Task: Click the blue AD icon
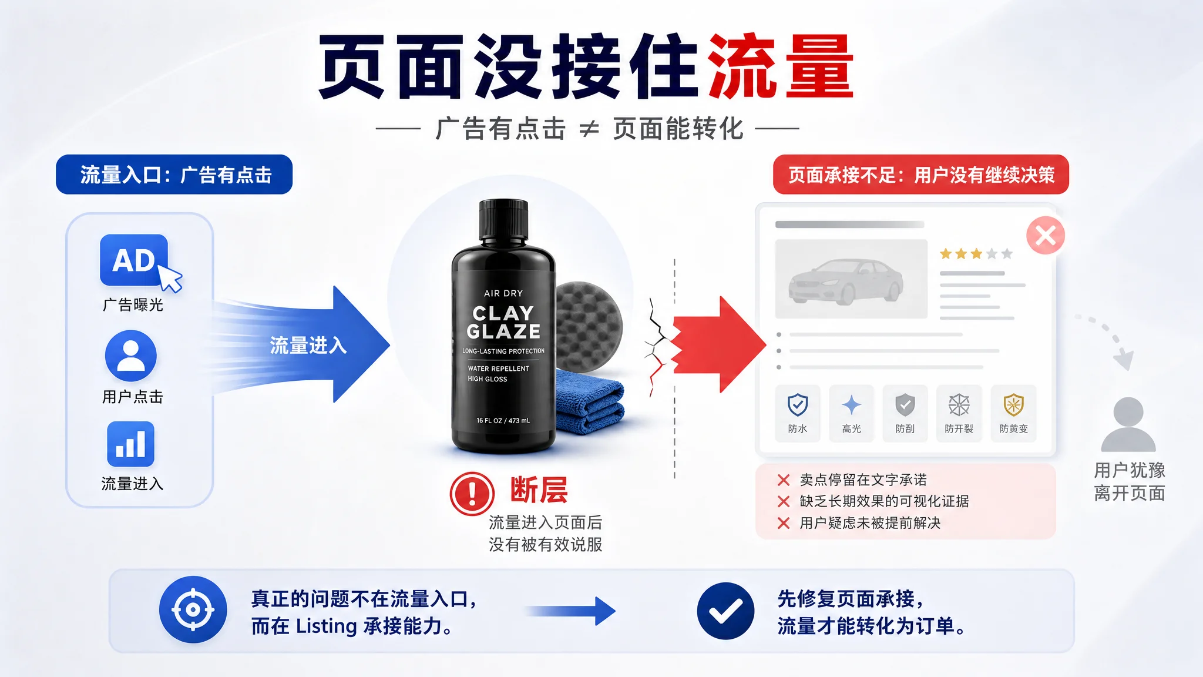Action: coord(134,260)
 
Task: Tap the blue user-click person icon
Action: coord(131,356)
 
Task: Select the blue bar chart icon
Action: coord(131,444)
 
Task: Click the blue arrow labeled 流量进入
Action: coord(300,344)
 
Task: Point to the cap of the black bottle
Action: coord(503,220)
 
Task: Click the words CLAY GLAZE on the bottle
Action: coord(503,322)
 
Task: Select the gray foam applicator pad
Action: coord(588,326)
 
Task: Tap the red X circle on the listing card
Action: coord(1046,236)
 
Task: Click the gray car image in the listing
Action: coord(851,279)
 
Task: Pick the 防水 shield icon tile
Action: coord(797,413)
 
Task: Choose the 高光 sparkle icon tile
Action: coord(851,413)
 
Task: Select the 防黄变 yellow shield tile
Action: coord(1014,413)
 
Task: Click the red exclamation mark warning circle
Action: coord(472,494)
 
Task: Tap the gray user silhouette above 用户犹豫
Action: coord(1128,424)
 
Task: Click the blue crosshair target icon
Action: coord(193,610)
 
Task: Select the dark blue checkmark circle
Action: coord(725,611)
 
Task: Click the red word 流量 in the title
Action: coord(781,66)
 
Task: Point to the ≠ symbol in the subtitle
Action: coord(589,129)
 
